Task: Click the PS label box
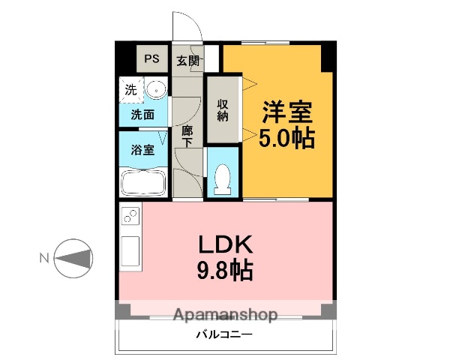pos(152,59)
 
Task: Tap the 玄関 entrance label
pos(187,61)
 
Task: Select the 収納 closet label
pos(223,109)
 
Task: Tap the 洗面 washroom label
pos(142,115)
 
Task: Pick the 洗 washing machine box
pos(130,89)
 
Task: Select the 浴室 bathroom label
pos(142,149)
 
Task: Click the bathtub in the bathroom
pos(143,183)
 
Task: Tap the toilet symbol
pos(222,179)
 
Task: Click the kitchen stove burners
pos(129,217)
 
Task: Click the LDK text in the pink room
pos(225,244)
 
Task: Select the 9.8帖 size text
pos(225,269)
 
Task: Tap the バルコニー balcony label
pos(225,334)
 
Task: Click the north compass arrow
pos(75,259)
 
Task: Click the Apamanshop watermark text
pos(225,315)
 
